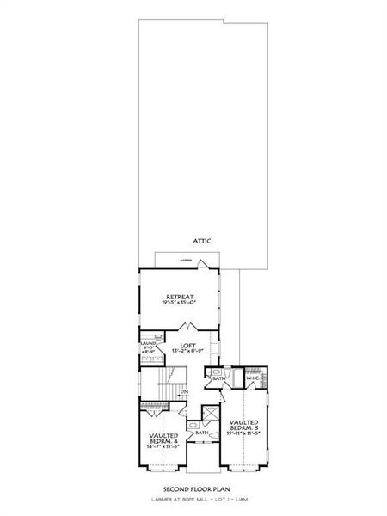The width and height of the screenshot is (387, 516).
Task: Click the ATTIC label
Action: click(201, 241)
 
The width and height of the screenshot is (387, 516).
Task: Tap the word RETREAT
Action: click(179, 297)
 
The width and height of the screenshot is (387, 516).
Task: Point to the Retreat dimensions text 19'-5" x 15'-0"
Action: click(179, 304)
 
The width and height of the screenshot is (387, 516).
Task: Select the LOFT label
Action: click(187, 344)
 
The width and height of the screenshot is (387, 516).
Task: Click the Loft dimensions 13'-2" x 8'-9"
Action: click(187, 351)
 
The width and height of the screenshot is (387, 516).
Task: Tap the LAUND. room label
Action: click(147, 345)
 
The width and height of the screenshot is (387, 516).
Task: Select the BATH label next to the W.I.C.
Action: click(219, 378)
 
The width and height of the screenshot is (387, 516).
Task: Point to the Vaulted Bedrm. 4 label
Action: click(163, 439)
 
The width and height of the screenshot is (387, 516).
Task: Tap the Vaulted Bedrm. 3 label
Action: click(245, 426)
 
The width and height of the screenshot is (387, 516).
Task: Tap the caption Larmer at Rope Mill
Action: click(193, 497)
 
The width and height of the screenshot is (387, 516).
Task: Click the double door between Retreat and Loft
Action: click(187, 329)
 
